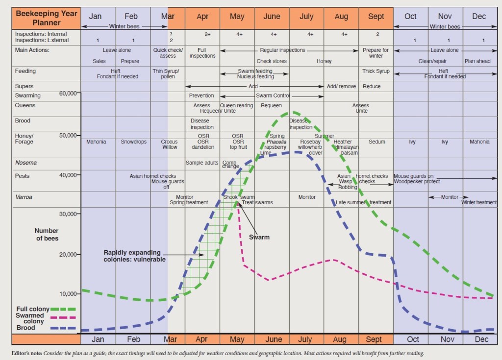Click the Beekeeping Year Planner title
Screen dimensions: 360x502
pyautogui.click(x=46, y=18)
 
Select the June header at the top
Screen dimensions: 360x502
pyautogui.click(x=272, y=17)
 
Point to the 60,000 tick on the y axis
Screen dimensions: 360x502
pyautogui.click(x=69, y=93)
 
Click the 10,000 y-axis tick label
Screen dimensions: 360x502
pyautogui.click(x=69, y=293)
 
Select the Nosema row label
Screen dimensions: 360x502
pyautogui.click(x=26, y=163)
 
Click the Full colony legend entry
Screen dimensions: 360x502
pyautogui.click(x=33, y=309)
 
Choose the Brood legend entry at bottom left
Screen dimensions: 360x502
pyautogui.click(x=26, y=328)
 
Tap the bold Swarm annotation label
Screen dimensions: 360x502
pyautogui.click(x=259, y=237)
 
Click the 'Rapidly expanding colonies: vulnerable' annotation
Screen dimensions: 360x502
pyautogui.click(x=134, y=256)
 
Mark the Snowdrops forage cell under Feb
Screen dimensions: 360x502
pyautogui.click(x=133, y=142)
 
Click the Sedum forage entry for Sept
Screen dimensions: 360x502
pyautogui.click(x=376, y=142)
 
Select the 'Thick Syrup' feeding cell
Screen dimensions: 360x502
pyautogui.click(x=376, y=72)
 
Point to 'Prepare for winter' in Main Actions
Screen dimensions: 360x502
pyautogui.click(x=376, y=53)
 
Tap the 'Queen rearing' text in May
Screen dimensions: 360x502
pyautogui.click(x=237, y=105)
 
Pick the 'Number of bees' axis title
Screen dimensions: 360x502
pyautogui.click(x=47, y=234)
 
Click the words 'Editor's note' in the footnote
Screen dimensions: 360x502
pyautogui.click(x=29, y=353)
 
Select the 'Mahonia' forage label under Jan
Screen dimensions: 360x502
pyautogui.click(x=96, y=142)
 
